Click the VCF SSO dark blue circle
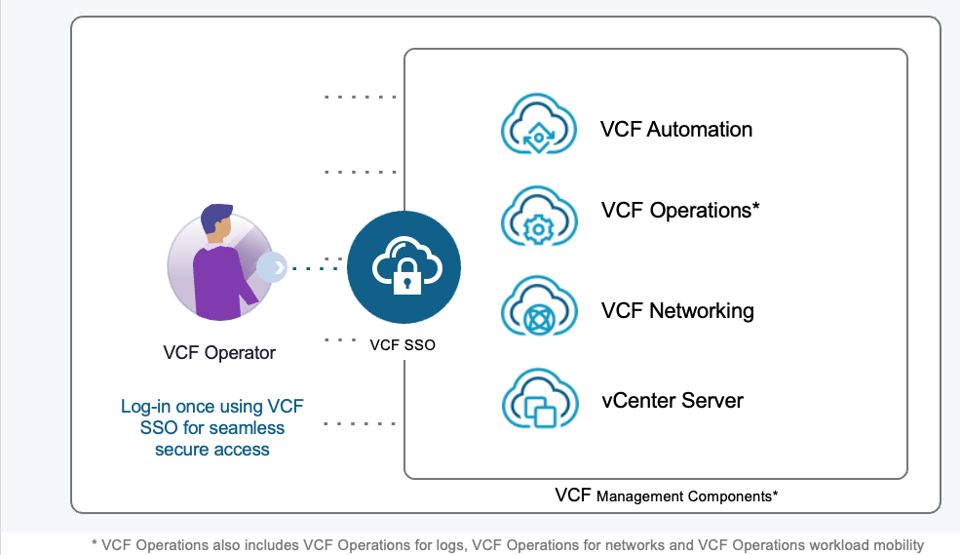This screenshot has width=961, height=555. [x=404, y=267]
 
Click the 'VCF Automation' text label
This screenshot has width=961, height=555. [x=676, y=130]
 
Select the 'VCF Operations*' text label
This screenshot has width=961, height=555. [x=680, y=211]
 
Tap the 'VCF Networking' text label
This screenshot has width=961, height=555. [x=677, y=311]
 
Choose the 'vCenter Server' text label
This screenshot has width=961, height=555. [x=673, y=400]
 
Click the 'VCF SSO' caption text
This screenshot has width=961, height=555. [x=403, y=343]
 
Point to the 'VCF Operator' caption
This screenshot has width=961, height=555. [x=219, y=353]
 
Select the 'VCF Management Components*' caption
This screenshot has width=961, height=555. [x=666, y=496]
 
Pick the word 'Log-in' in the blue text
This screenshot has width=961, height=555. [x=145, y=407]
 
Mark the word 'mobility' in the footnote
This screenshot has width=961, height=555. [x=893, y=545]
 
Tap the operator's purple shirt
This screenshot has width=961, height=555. [x=217, y=285]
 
